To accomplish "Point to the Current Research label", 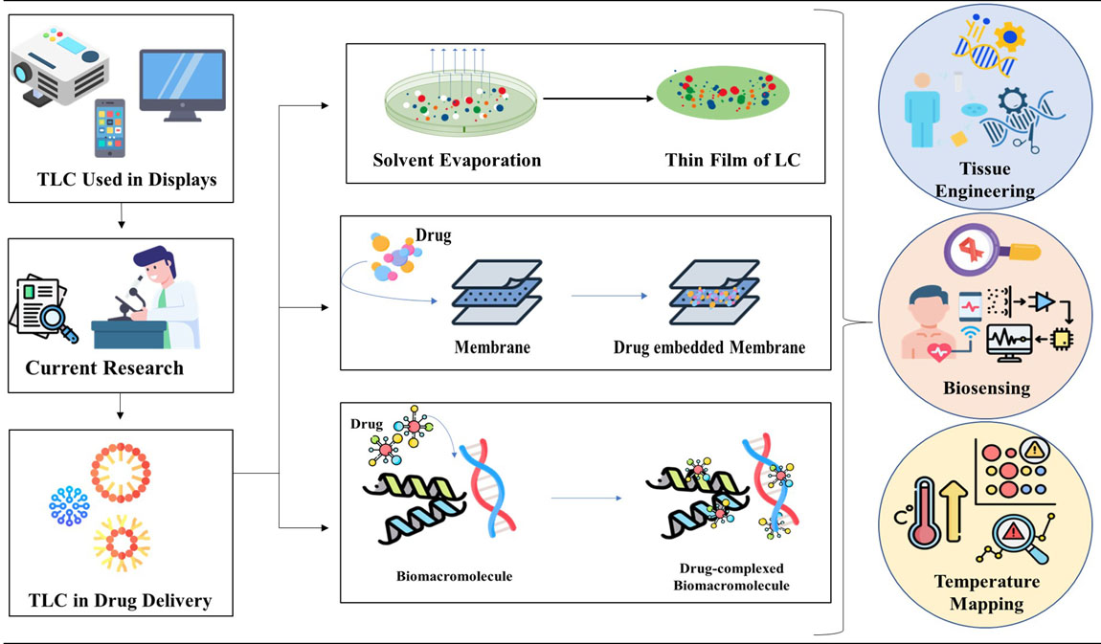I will tap(104, 367).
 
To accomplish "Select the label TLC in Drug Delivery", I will tap(120, 601).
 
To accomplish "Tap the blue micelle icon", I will tap(70, 504).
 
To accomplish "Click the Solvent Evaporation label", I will tap(457, 160).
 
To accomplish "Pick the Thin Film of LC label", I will tap(732, 160).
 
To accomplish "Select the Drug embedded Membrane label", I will tap(709, 347).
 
